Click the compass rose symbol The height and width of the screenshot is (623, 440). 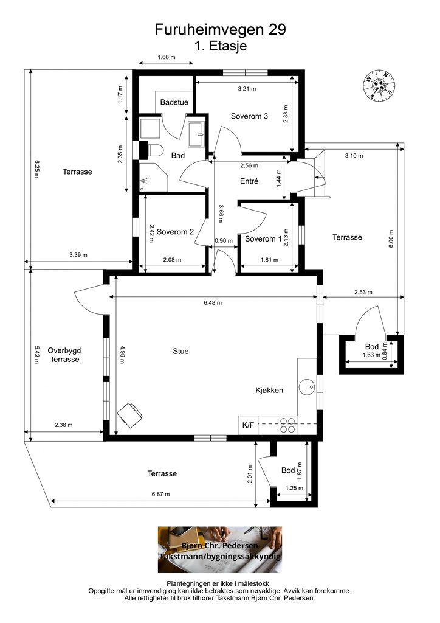(379, 85)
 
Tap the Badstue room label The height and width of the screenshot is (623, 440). (174, 102)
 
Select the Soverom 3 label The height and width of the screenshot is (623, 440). (249, 116)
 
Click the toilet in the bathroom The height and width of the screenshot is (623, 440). (153, 150)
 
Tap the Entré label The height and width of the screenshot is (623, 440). (249, 181)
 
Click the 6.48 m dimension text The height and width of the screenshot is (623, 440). (213, 303)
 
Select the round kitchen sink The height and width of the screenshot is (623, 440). (307, 386)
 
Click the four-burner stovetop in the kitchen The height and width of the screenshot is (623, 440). (287, 425)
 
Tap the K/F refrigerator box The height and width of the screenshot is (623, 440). (249, 425)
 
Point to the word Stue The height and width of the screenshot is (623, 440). (180, 351)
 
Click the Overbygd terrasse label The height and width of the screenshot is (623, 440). (64, 355)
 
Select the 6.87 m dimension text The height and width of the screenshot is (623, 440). (160, 494)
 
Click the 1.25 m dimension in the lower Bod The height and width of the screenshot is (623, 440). (294, 489)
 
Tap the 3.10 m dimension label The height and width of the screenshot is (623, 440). (354, 156)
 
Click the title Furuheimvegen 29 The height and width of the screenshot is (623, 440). (220, 30)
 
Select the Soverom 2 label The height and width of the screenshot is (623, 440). (175, 232)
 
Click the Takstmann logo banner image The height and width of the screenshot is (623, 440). (220, 549)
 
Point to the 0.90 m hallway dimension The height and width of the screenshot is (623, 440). (224, 241)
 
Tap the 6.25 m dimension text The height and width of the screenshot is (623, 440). (36, 169)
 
